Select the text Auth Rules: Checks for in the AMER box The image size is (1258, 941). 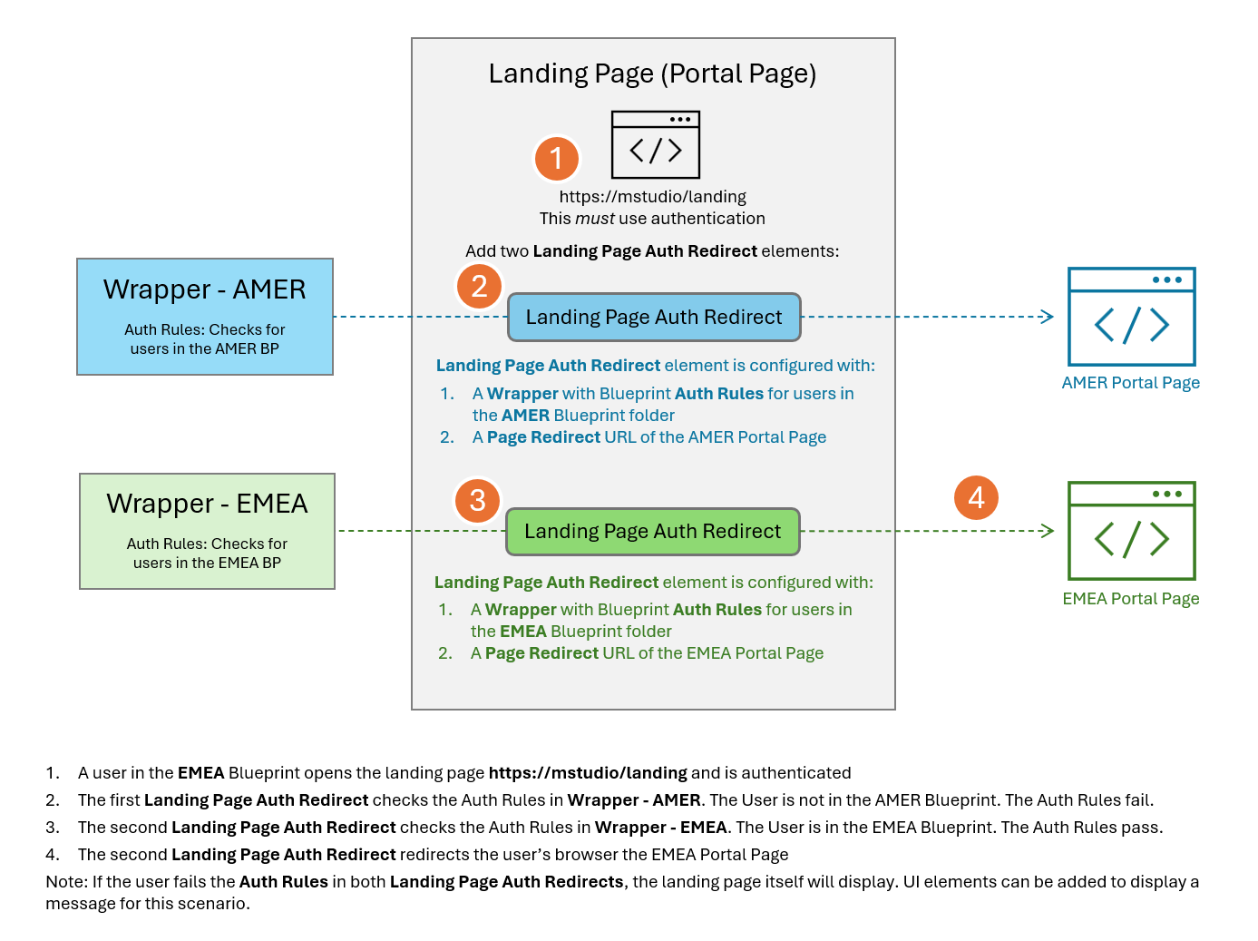click(x=204, y=328)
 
